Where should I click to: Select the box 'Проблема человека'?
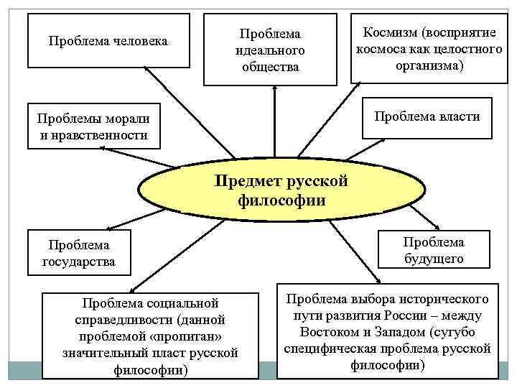pos(108,41)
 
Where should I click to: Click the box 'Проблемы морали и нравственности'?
pos(89,126)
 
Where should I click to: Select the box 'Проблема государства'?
pos(79,252)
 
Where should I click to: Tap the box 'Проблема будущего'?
pos(433,250)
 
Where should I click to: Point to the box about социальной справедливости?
pos(150,336)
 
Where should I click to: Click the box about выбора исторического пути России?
pos(388,331)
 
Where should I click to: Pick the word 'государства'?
pos(79,262)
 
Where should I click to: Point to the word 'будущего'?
pos(433,259)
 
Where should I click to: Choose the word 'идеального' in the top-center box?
pos(270,50)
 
